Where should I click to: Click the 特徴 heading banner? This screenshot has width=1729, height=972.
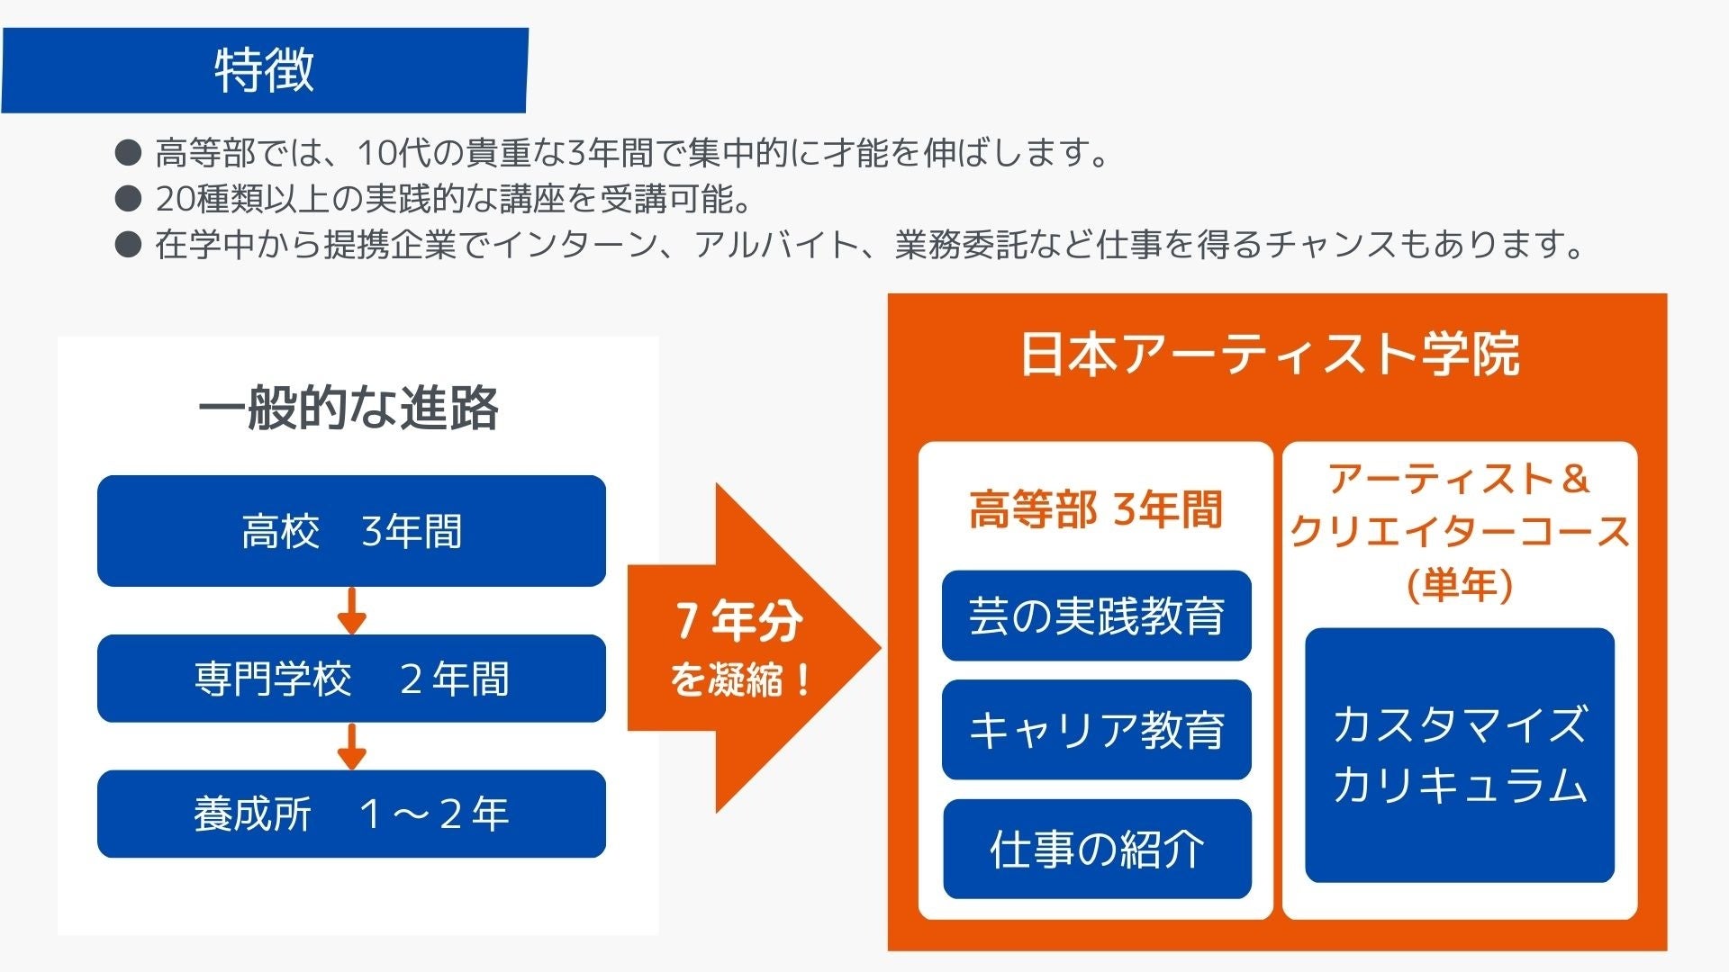point(264,70)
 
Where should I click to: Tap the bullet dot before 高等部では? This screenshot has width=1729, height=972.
point(129,152)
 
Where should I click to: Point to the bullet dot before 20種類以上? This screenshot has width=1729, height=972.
point(129,198)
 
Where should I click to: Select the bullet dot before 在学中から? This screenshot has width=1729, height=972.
point(129,244)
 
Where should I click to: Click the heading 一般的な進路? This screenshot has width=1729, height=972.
point(349,408)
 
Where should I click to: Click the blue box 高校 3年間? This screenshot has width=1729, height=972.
point(351,531)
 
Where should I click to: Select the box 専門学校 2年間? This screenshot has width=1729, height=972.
point(351,679)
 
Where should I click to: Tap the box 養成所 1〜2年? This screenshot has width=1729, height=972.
point(351,814)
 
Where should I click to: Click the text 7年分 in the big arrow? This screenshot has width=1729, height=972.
point(738,621)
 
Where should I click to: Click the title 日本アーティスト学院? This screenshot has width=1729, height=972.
point(1270,354)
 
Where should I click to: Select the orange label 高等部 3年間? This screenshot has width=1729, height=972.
point(1096,509)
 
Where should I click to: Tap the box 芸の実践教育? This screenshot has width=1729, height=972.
point(1096,616)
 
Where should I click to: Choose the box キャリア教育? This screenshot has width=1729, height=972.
point(1096,729)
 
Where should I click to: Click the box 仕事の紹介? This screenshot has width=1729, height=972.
point(1096,849)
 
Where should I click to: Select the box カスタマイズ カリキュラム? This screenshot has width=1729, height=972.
point(1459,754)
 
